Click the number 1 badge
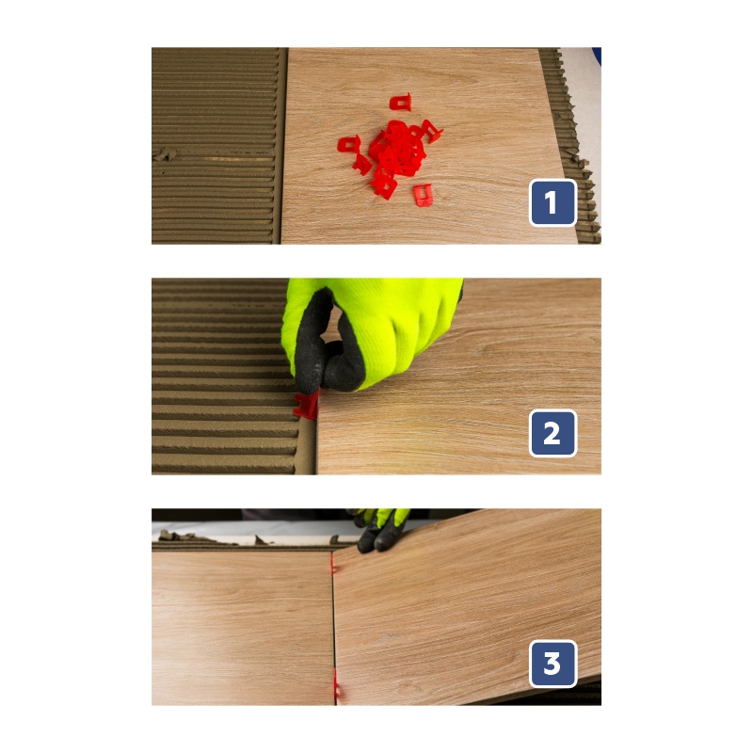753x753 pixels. point(553,202)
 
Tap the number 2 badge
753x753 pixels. point(553,433)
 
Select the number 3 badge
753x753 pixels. point(553,664)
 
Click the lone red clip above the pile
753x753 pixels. point(401,102)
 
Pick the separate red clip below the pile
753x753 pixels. point(423,195)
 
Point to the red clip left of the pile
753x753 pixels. point(349,144)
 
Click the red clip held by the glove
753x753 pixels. point(307,406)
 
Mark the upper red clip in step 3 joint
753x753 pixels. point(332,563)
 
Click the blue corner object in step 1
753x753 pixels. point(597,56)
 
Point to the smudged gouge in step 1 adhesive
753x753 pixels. point(166,154)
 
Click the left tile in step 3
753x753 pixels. point(243,628)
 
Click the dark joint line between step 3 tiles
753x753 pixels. point(333,629)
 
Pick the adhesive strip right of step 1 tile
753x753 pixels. point(571,144)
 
